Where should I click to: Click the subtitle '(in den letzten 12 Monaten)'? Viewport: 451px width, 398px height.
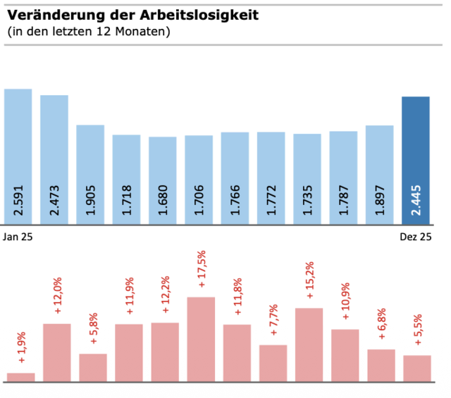[x=89, y=32]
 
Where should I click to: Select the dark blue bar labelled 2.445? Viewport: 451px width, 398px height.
[x=415, y=161]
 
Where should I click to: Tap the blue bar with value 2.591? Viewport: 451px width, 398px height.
[x=18, y=156]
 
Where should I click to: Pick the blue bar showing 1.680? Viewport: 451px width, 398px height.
[x=162, y=180]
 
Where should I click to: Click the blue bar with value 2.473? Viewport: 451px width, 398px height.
[x=54, y=159]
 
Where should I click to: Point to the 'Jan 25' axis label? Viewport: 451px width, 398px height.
[x=18, y=237]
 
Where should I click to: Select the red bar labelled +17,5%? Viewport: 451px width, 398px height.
[x=201, y=339]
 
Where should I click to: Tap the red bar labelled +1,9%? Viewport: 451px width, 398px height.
[x=20, y=377]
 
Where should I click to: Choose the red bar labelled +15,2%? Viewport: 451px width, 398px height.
[x=309, y=344]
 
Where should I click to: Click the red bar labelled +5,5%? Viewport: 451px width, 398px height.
[x=416, y=368]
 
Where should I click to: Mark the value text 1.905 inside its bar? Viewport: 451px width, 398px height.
[x=90, y=202]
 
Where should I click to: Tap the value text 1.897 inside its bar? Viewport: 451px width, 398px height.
[x=380, y=202]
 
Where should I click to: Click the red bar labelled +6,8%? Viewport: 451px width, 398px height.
[x=381, y=365]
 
